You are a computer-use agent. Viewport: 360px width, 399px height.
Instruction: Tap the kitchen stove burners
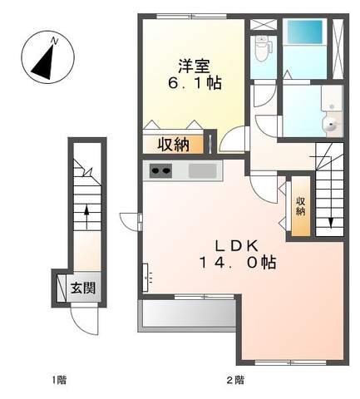pyautogui.click(x=160, y=171)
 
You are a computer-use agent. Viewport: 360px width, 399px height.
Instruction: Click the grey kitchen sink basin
pyautogui.click(x=202, y=171)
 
